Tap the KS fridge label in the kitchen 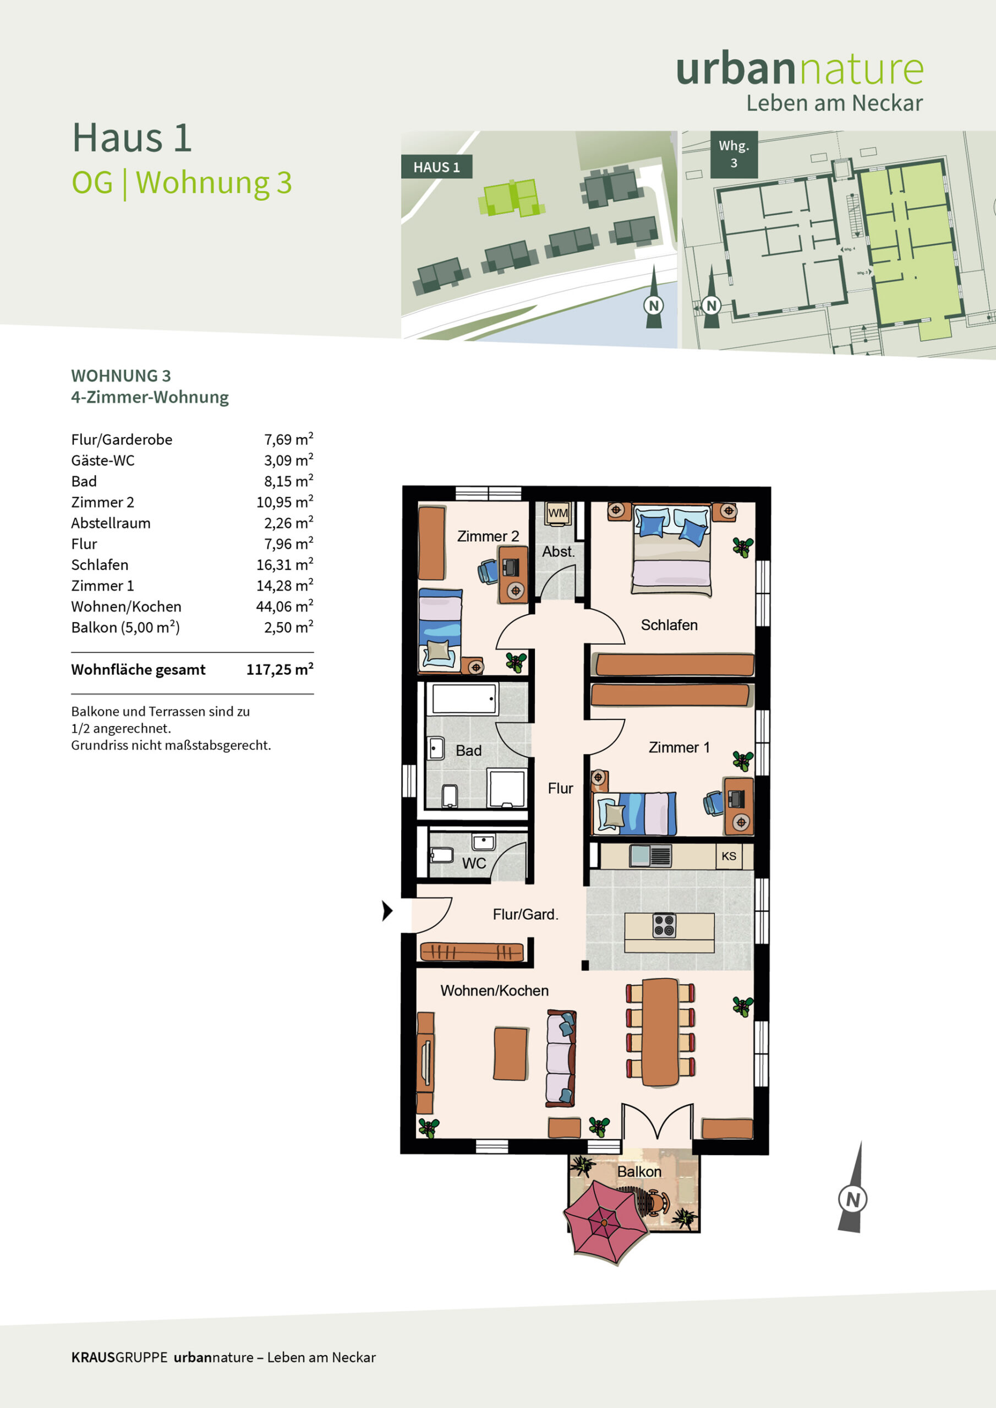tap(729, 856)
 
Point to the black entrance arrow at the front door tap(387, 911)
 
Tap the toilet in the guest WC tap(442, 855)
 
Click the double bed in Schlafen tap(671, 549)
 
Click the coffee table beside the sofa tap(511, 1054)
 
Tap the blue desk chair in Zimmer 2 tap(489, 571)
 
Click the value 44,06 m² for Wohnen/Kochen tap(284, 606)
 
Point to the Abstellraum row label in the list tap(111, 523)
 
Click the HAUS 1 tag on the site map tap(436, 167)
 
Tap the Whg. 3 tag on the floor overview tap(734, 155)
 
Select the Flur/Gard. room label tap(526, 914)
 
